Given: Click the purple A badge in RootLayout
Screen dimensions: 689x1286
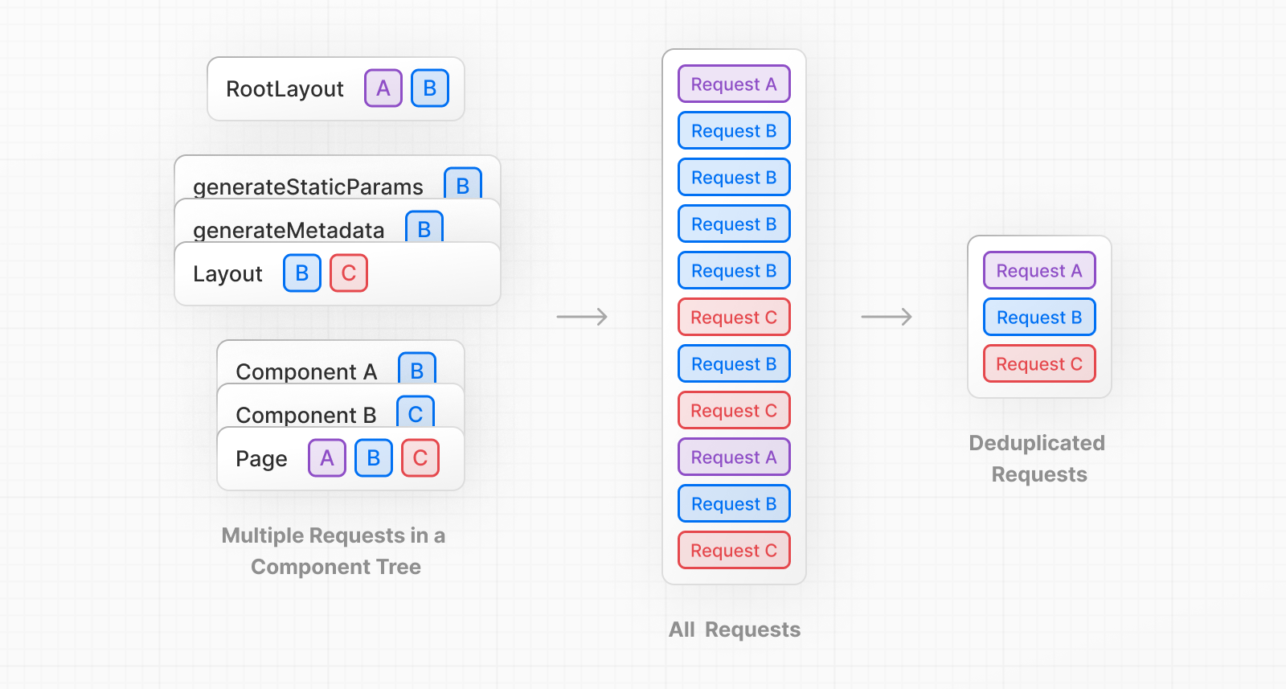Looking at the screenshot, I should (383, 88).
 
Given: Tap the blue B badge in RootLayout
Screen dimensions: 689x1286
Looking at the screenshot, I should (430, 88).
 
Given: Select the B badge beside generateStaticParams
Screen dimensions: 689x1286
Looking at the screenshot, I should (463, 185).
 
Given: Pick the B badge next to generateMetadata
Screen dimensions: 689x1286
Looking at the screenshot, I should (424, 228).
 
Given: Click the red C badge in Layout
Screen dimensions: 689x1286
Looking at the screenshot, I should (349, 273).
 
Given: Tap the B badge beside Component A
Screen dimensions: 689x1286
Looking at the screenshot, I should (417, 370).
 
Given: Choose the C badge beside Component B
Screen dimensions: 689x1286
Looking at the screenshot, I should (416, 412).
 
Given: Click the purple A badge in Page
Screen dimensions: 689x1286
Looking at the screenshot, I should (327, 458).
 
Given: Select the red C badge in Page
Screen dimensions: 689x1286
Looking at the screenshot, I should (420, 458).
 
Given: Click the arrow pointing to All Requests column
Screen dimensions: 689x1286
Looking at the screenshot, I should (582, 317).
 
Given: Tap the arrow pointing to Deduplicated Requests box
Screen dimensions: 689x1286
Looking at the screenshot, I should (887, 317).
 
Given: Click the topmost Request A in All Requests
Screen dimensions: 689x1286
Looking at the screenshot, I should (734, 84).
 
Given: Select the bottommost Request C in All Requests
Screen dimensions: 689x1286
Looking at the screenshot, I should (734, 551).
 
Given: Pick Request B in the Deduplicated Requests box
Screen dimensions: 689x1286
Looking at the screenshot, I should (1039, 318).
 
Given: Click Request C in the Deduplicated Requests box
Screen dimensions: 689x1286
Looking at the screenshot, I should (1039, 364).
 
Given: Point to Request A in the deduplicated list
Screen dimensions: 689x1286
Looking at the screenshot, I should (1039, 271).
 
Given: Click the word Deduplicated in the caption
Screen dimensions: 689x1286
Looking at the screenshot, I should (1037, 443).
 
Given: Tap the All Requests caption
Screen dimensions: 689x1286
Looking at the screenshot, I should (735, 630).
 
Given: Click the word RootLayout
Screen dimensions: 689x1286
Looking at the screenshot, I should (285, 89).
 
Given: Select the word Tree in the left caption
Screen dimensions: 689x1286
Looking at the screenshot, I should (399, 567).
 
